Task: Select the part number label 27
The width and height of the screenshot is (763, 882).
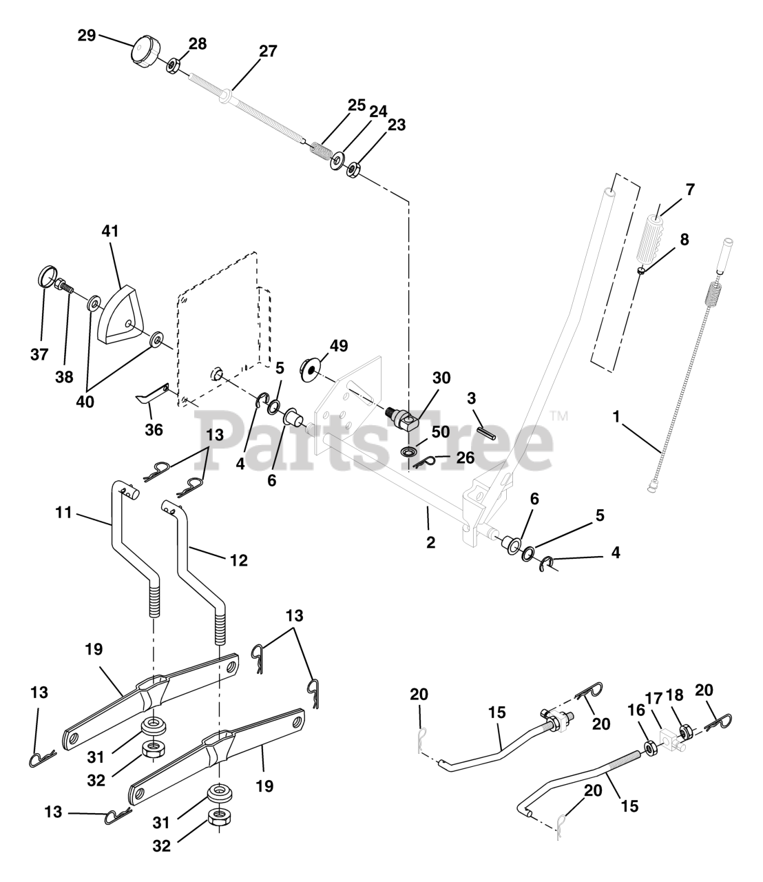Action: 268,51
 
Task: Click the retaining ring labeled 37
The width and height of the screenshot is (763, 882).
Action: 45,280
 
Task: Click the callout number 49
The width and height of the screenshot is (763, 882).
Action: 338,345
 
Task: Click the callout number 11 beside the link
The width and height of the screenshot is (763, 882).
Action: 64,513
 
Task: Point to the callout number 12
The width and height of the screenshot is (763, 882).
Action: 238,560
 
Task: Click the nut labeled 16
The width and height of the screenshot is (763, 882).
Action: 649,748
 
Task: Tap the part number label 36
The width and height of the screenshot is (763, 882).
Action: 154,429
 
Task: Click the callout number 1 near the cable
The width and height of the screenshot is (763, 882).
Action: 616,417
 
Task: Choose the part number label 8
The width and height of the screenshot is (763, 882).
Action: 684,240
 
